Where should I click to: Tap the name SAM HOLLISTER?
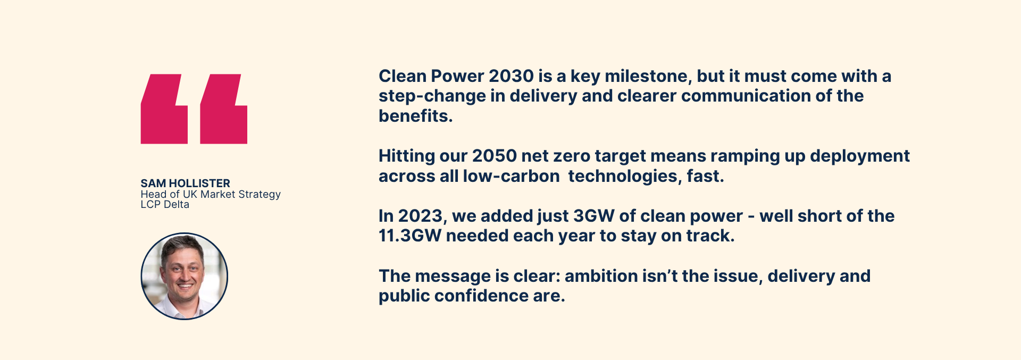185,183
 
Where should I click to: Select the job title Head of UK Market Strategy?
211,194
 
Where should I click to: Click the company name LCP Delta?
165,205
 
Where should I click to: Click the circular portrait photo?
184,276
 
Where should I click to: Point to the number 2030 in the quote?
511,76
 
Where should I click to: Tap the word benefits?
415,116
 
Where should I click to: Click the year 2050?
495,156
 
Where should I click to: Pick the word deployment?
860,156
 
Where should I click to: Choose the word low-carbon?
512,176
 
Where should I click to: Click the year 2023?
421,216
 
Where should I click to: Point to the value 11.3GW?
410,236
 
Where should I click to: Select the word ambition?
601,276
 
